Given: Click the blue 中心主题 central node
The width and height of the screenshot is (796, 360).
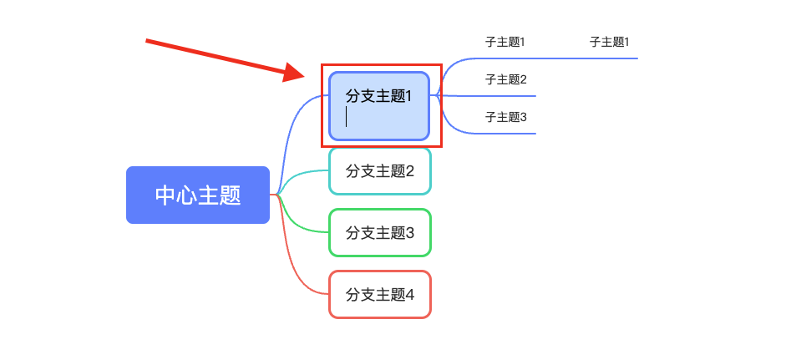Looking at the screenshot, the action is coord(197,195).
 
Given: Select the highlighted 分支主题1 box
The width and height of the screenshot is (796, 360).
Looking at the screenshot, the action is coord(379,106).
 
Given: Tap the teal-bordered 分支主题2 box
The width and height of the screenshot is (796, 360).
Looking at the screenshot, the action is coord(380,171).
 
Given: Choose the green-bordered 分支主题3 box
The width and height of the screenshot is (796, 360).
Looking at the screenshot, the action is coord(380,232).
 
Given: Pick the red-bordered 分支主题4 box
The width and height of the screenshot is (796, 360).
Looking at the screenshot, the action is coord(380,295).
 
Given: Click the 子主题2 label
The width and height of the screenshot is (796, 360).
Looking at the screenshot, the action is coord(505,79).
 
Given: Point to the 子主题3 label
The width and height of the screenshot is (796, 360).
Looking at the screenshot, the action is coord(505,117).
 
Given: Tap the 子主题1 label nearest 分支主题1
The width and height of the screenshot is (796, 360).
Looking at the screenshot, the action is coord(504,42).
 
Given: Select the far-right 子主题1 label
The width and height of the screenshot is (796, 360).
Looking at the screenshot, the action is coord(609,42).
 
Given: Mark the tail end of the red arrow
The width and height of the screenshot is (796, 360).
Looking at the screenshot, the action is coord(146,41).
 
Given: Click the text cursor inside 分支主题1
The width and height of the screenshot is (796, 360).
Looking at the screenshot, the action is coord(347,116).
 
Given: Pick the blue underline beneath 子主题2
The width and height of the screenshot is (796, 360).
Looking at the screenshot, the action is coord(487,95).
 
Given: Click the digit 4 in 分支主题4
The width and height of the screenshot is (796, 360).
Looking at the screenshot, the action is coord(410,295).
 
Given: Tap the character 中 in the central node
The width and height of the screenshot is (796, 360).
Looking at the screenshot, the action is coord(165,195).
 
